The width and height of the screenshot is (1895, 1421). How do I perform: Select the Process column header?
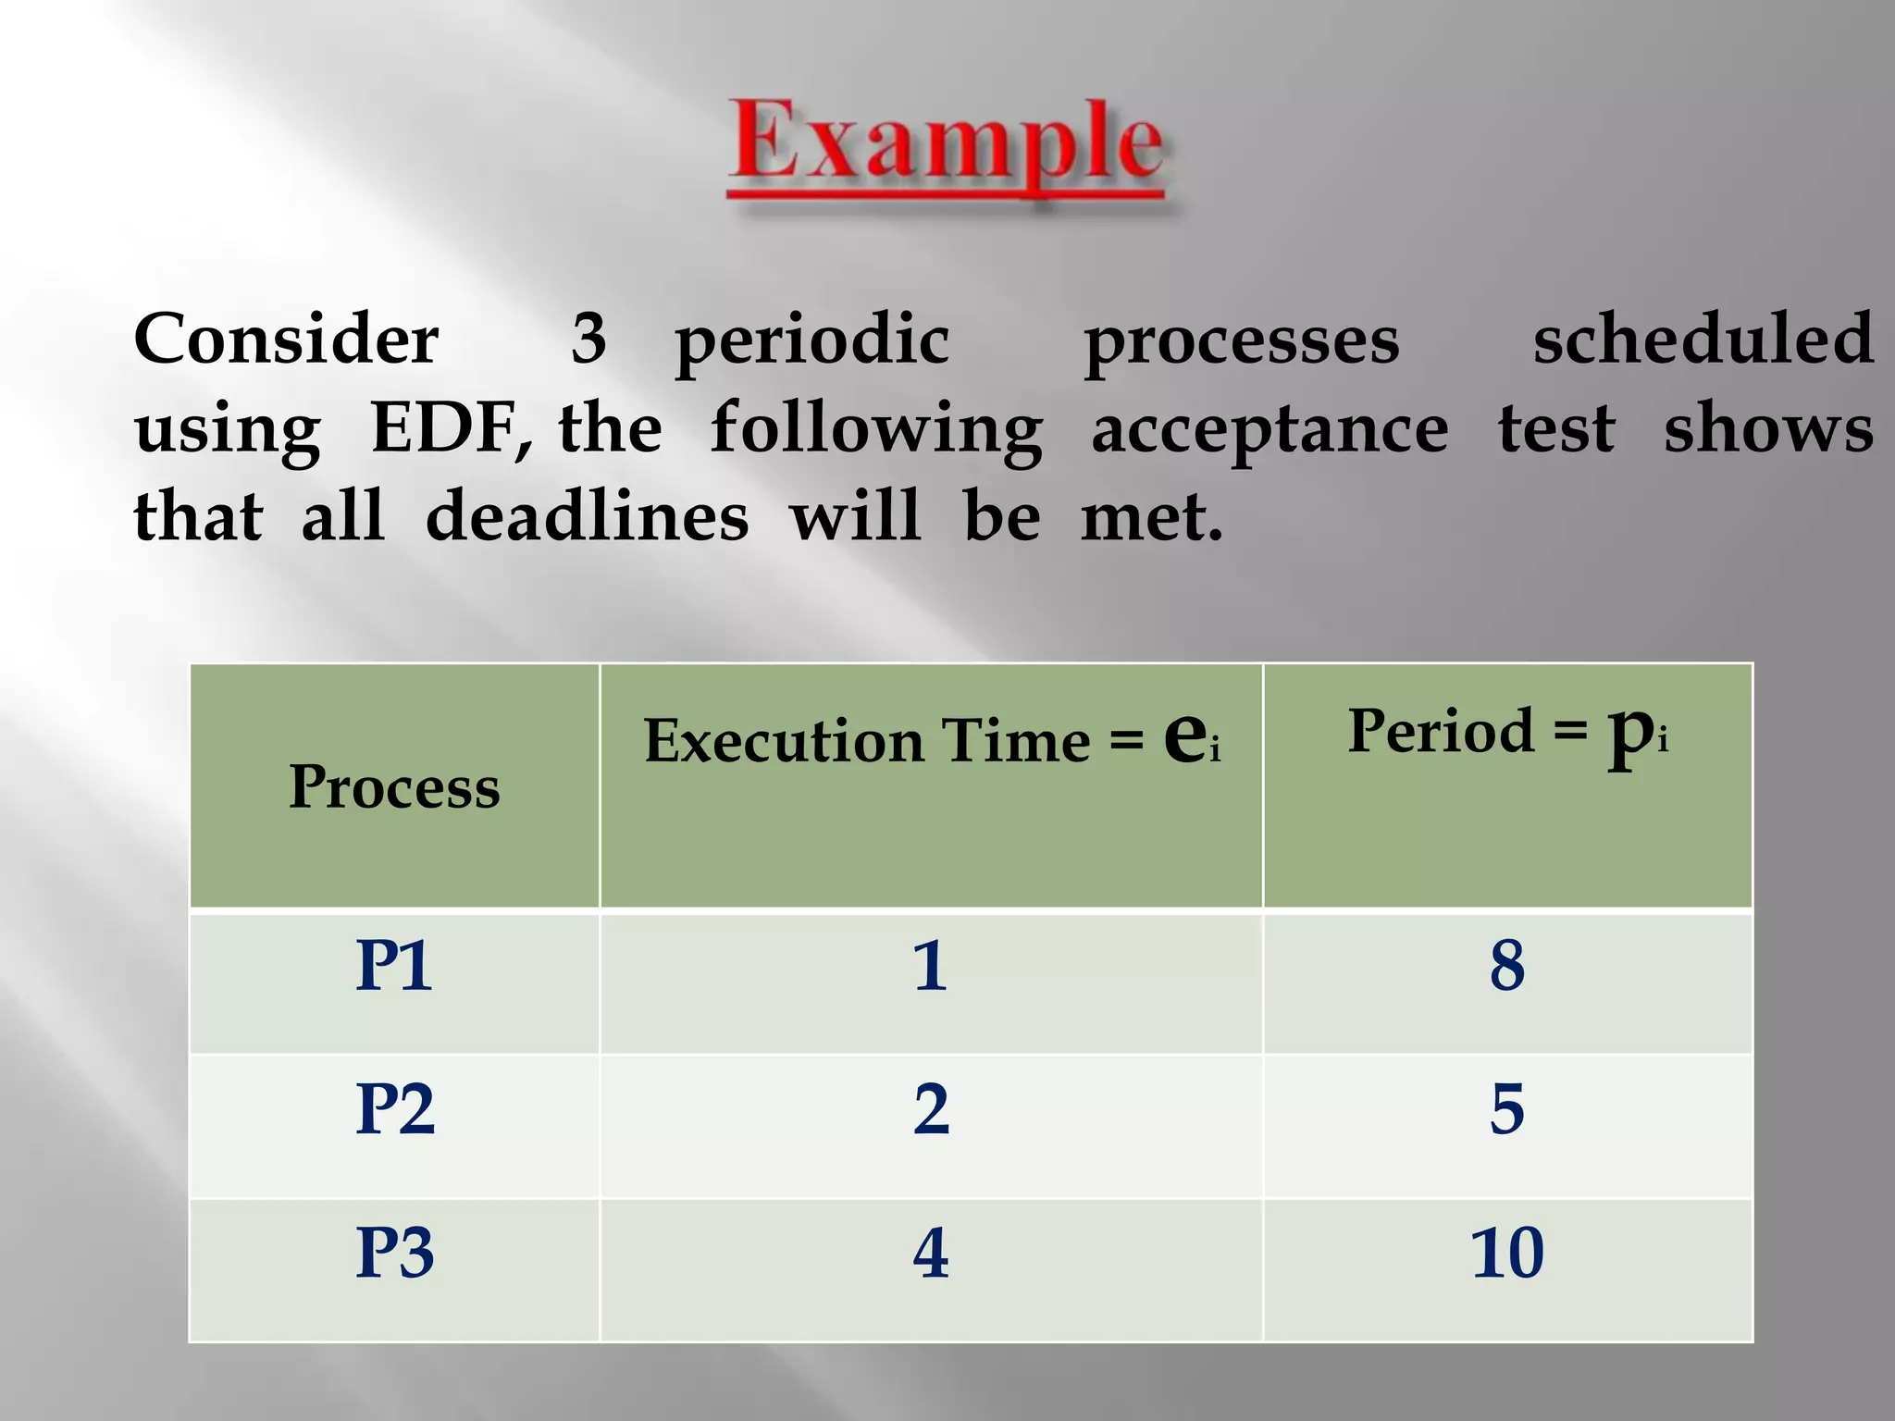point(394,787)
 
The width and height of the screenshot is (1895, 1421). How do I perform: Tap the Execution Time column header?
point(931,739)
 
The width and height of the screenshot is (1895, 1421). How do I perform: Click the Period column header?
point(1507,732)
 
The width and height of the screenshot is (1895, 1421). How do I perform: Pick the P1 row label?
point(394,967)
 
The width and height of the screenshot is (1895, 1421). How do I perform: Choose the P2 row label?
point(395,1109)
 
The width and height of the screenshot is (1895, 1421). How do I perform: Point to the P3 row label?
point(395,1254)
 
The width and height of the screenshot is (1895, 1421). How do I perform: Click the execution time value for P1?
point(930,967)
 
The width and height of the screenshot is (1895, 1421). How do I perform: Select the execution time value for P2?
point(931,1109)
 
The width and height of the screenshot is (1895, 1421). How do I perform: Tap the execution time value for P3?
point(931,1254)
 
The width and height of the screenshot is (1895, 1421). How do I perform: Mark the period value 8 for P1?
point(1507,967)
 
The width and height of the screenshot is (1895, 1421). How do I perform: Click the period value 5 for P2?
point(1507,1109)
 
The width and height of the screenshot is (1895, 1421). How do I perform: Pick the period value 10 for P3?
point(1507,1254)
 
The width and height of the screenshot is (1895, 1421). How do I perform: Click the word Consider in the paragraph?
point(286,339)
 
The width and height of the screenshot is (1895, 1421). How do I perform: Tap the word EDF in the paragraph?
point(450,428)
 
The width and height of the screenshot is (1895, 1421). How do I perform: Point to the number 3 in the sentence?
point(588,339)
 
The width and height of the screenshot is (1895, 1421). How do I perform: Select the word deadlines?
point(587,516)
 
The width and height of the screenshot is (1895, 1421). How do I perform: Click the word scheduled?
point(1703,339)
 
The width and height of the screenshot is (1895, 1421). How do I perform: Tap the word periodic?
point(811,340)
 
